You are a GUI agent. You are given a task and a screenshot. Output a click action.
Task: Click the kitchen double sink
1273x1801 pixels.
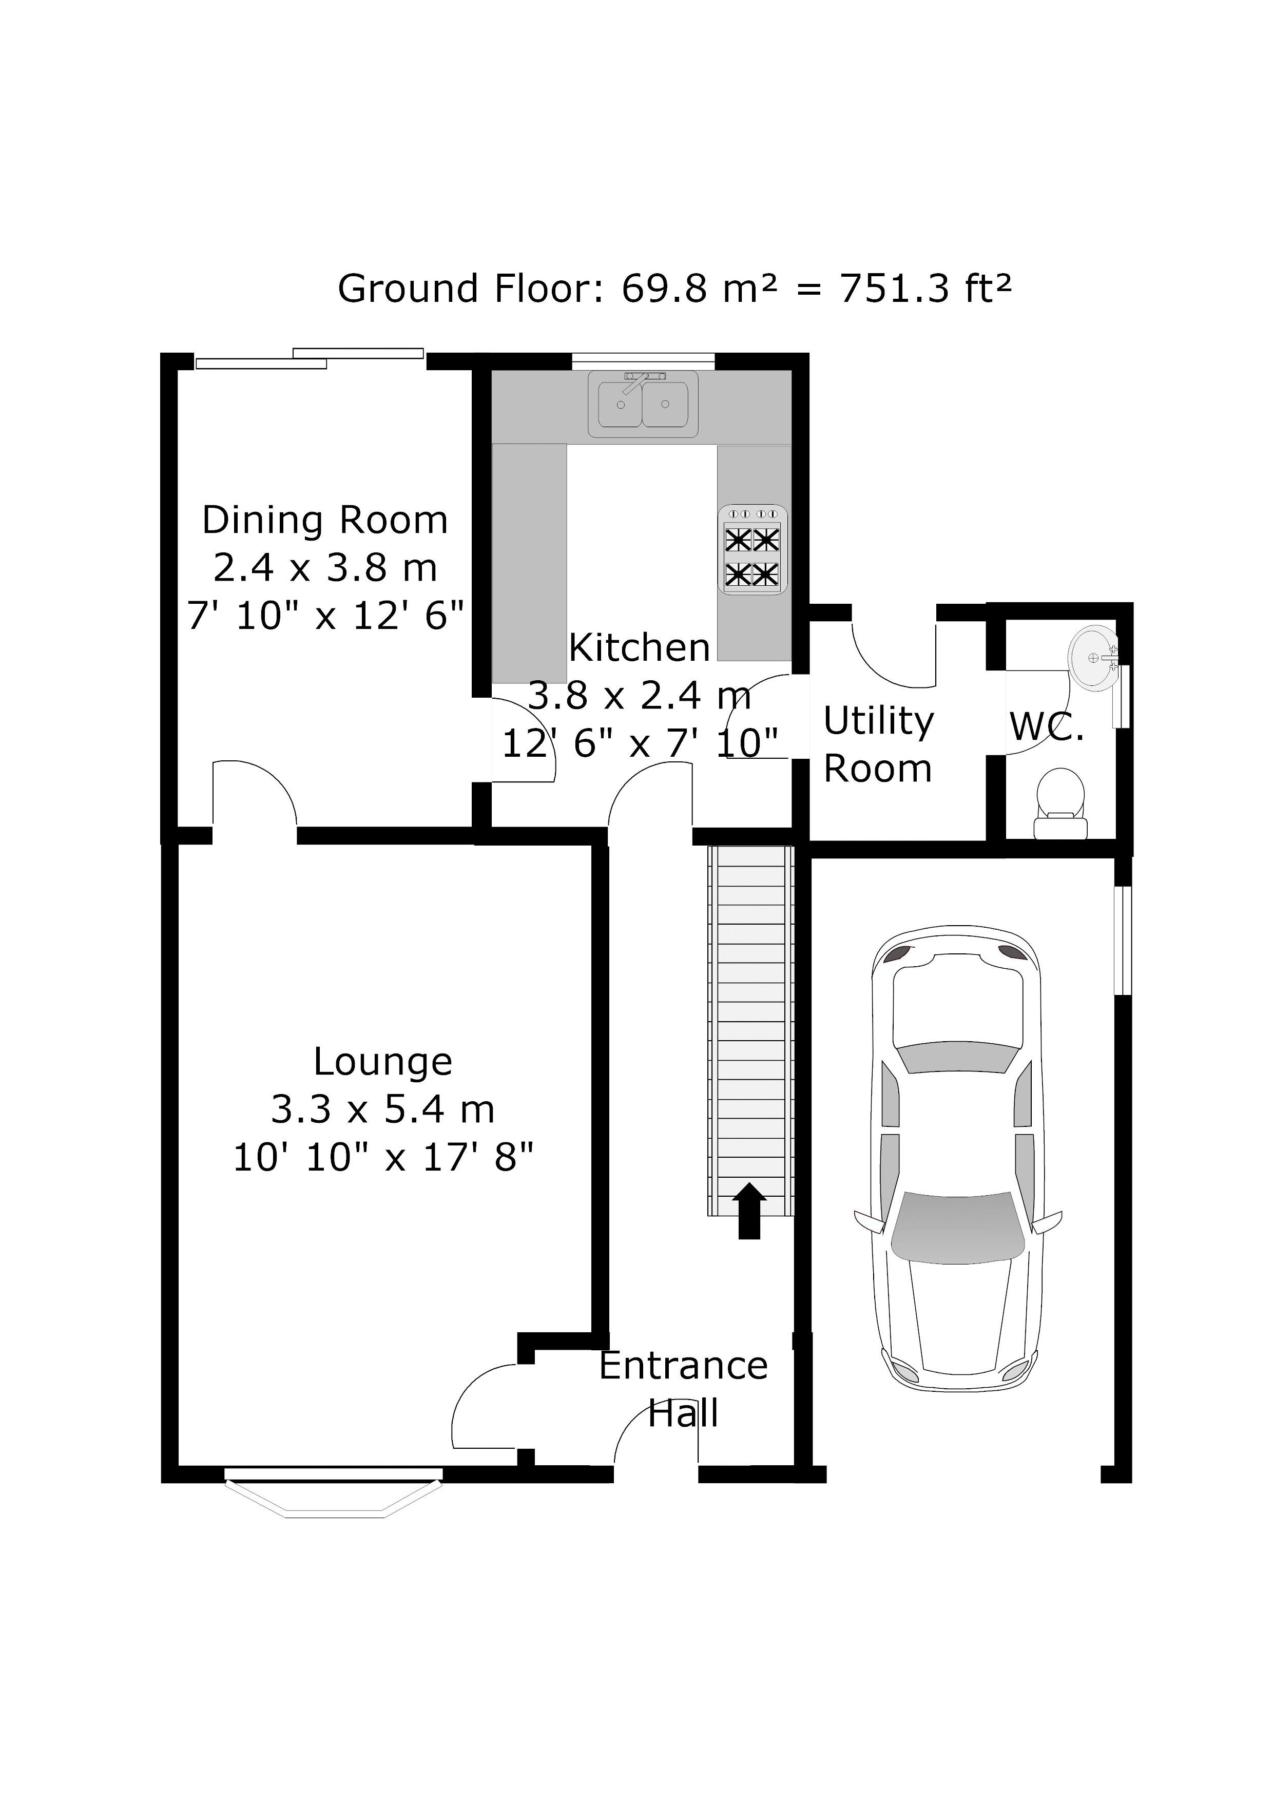coord(643,405)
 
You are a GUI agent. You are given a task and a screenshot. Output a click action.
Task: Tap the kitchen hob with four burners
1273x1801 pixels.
coord(752,549)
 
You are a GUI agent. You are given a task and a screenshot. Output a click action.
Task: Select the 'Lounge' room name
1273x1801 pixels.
coord(383,1062)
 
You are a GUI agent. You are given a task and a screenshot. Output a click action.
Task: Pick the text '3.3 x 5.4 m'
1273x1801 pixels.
coord(383,1110)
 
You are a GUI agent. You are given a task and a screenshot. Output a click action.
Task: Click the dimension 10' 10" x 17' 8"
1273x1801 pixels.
coord(383,1157)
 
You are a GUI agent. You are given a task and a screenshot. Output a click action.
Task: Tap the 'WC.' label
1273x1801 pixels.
coord(1047,727)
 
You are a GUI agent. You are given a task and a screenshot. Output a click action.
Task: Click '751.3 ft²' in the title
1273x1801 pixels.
coord(925,289)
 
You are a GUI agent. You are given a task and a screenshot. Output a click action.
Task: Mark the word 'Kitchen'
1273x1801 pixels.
coord(639,648)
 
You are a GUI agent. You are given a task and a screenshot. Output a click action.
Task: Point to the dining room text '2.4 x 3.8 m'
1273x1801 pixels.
coord(325,568)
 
